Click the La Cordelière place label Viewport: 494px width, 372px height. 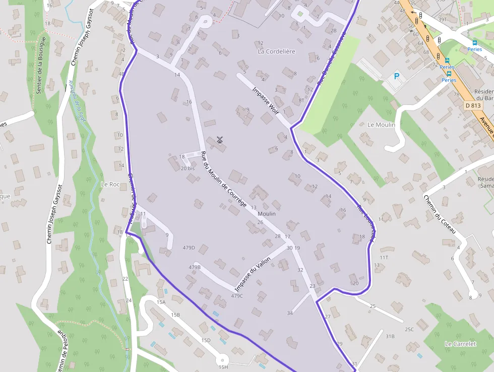[276, 51]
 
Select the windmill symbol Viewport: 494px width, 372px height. [219, 140]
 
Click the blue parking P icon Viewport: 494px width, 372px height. [396, 77]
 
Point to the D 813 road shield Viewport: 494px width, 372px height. [473, 105]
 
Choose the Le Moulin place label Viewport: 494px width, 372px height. [381, 125]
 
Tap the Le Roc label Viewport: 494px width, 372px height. [110, 184]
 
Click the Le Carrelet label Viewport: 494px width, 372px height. [460, 344]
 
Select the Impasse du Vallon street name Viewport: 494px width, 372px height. [253, 274]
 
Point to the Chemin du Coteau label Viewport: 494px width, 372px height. [440, 214]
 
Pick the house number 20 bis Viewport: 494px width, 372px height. [188, 168]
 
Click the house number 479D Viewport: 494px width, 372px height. [189, 248]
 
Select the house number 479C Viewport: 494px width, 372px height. [237, 296]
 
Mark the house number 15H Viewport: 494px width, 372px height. [223, 367]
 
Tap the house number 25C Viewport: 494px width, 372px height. [409, 330]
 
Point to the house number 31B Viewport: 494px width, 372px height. [390, 336]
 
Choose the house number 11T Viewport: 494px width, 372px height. [384, 257]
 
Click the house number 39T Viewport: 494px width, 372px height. [443, 19]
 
